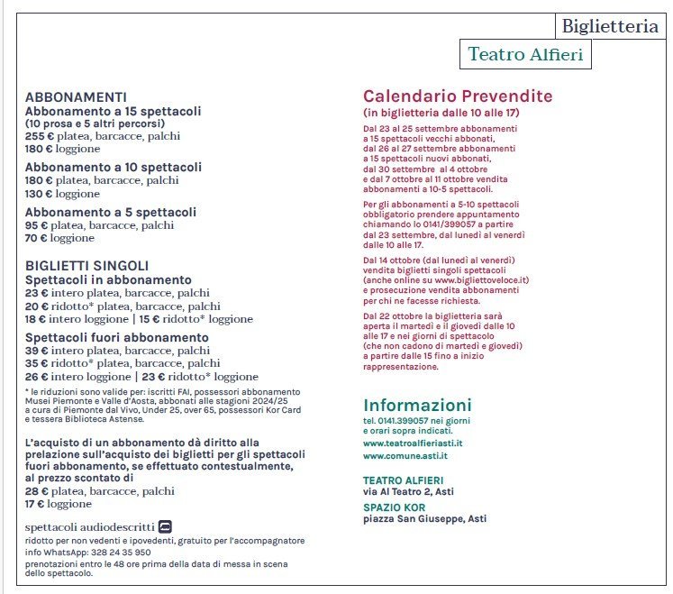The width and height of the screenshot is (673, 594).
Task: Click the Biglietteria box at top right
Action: tap(610, 27)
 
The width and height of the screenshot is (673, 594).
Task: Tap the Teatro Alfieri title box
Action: tap(525, 55)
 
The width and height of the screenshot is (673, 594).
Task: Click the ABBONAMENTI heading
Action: tap(76, 97)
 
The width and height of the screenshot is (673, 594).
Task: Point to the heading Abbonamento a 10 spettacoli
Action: tap(114, 168)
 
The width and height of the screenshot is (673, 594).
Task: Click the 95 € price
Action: tap(36, 225)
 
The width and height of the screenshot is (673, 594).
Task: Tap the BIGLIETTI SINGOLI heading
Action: tap(86, 266)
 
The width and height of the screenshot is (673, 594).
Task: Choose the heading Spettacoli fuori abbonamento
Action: tap(117, 337)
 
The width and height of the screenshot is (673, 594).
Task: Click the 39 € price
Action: tap(36, 351)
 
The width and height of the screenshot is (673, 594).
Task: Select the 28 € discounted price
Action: tap(36, 491)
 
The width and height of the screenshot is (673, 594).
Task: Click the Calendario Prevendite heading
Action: tap(458, 96)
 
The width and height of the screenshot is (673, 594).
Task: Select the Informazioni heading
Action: tap(417, 405)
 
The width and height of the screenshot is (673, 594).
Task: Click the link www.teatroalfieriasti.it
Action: tap(413, 443)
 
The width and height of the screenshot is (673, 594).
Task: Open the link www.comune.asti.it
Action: tap(405, 456)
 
